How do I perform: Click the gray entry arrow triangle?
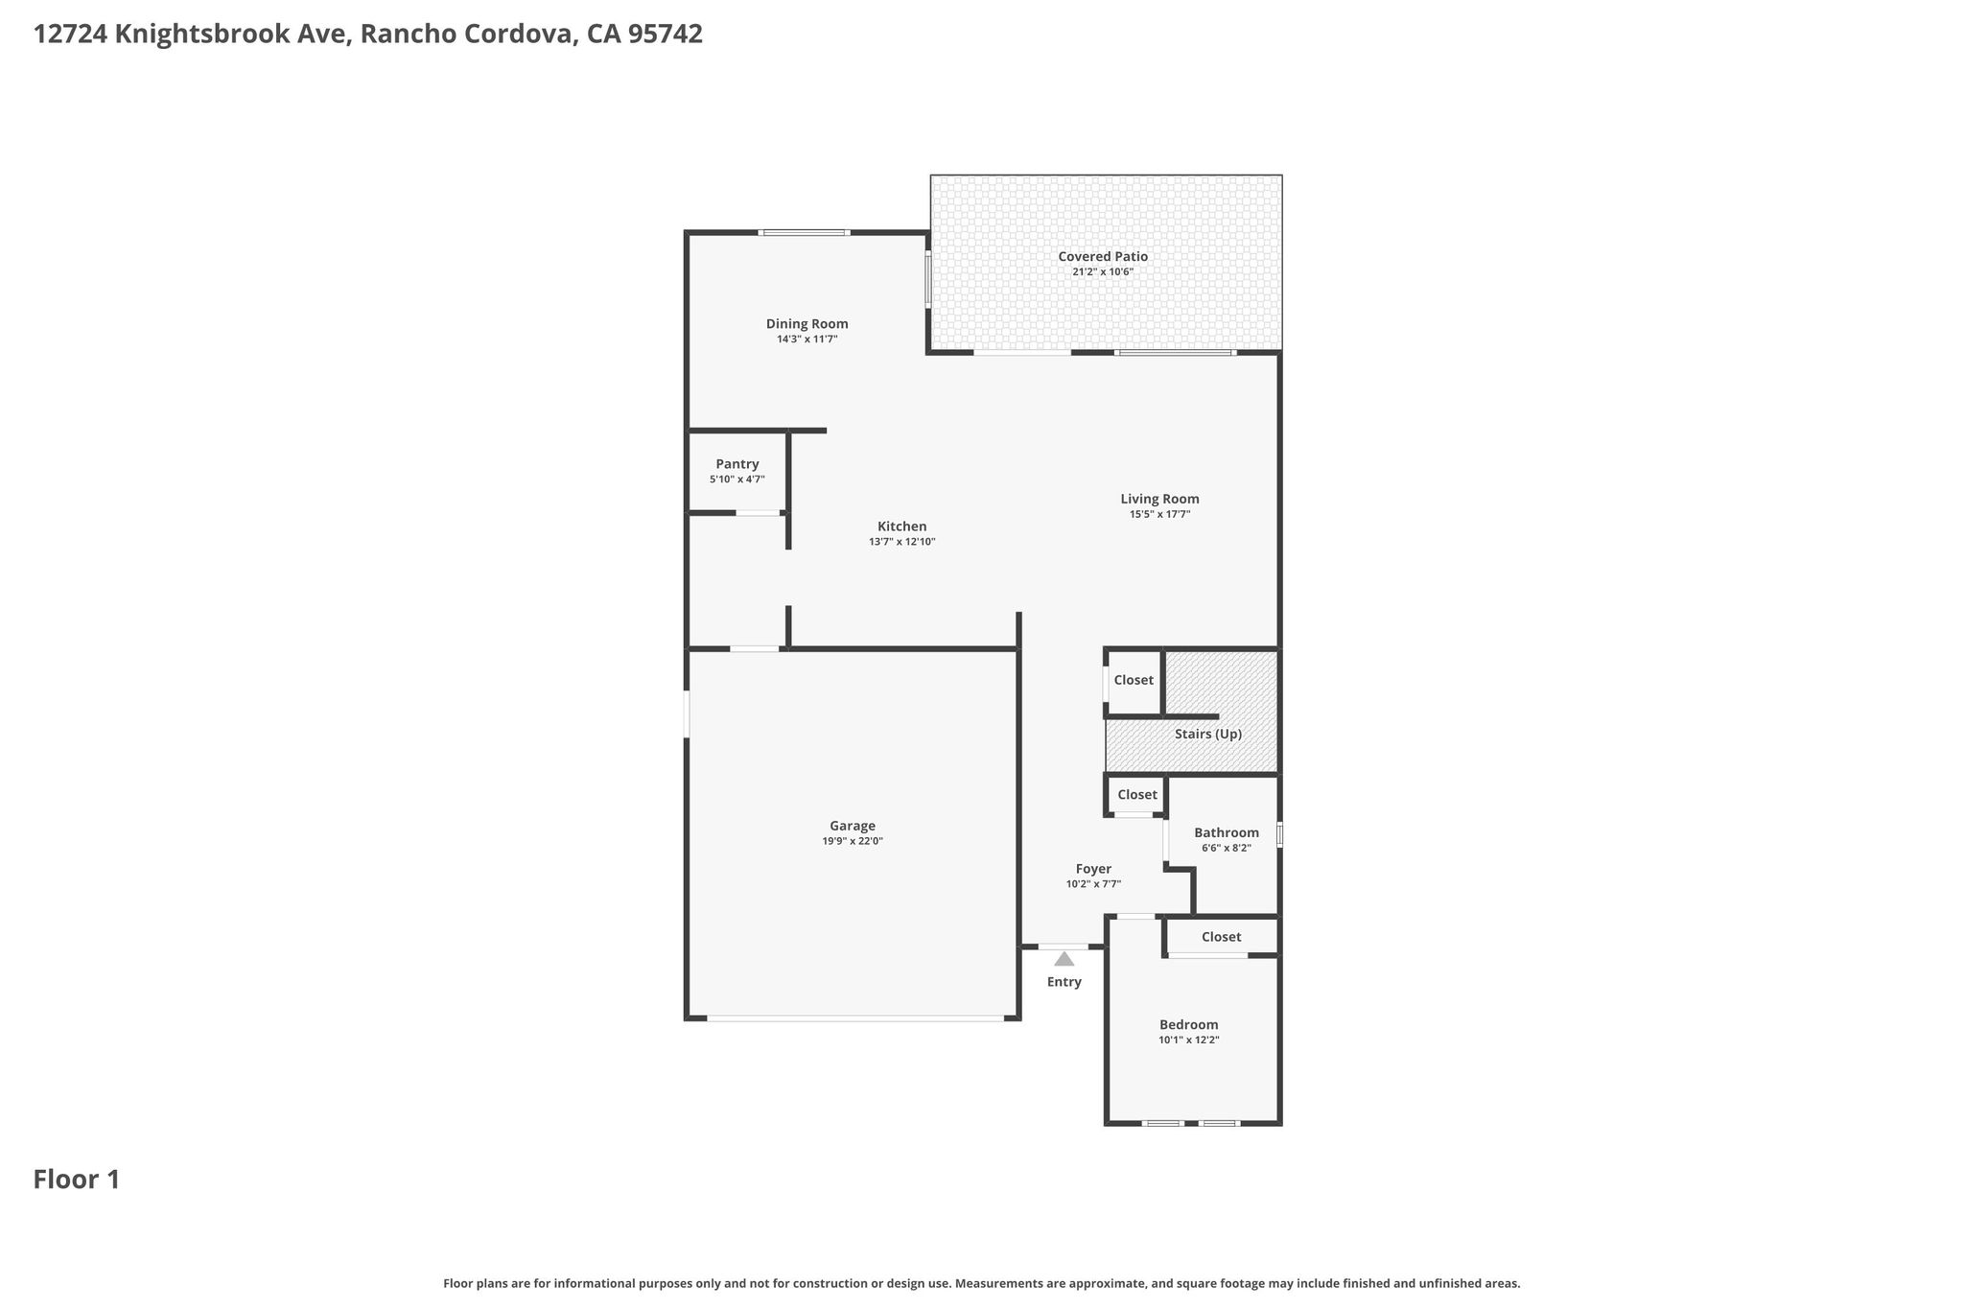(1064, 959)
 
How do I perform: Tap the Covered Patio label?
(1103, 256)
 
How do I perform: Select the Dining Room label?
(807, 324)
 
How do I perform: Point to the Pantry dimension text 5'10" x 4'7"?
(737, 479)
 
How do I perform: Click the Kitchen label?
(902, 526)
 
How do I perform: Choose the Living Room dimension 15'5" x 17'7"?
(1160, 514)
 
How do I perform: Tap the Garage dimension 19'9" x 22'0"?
(853, 841)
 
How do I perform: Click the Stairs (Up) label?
(1208, 735)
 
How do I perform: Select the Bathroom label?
(1227, 832)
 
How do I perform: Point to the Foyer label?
(1093, 869)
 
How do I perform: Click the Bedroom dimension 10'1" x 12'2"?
(1189, 1040)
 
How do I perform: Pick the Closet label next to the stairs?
(1134, 680)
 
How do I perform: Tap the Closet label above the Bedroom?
(1221, 937)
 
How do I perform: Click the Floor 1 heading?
(77, 1180)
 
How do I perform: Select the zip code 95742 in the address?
(666, 35)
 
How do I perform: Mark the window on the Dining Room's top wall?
(804, 232)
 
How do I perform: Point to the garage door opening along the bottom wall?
(855, 1017)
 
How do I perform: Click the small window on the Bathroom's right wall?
(1279, 834)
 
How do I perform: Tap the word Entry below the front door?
(1064, 982)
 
